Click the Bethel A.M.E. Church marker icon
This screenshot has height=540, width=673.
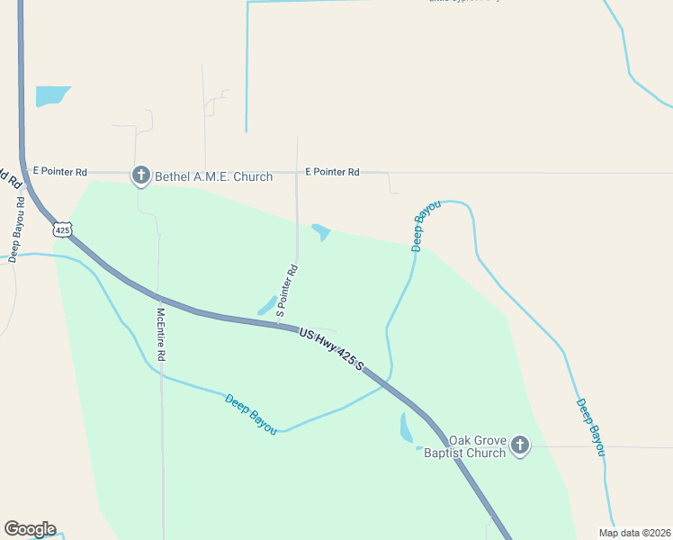[x=140, y=175]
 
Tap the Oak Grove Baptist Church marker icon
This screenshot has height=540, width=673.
[x=520, y=445]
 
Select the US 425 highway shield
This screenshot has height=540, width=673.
[x=62, y=229]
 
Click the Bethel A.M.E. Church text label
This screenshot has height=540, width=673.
[x=214, y=176]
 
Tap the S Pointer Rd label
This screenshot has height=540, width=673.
[x=286, y=291]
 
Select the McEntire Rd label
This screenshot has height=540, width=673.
[x=161, y=335]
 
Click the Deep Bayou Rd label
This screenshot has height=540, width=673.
[x=15, y=226]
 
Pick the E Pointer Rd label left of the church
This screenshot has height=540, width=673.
[x=59, y=171]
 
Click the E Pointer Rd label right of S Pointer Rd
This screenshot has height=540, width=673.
[x=332, y=171]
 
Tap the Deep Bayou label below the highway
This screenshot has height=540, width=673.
[x=250, y=409]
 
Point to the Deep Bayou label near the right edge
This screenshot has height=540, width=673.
[x=590, y=427]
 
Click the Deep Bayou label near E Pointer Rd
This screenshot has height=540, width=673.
[x=426, y=226]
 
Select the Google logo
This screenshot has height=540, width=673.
[x=30, y=529]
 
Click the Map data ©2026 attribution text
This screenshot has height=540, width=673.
[x=634, y=533]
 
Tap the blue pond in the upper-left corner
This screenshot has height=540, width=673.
[x=50, y=95]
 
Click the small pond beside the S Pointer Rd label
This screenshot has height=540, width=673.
[x=267, y=305]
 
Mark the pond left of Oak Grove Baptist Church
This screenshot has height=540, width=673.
[x=406, y=428]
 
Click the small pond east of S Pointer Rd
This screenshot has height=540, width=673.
[x=321, y=231]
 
